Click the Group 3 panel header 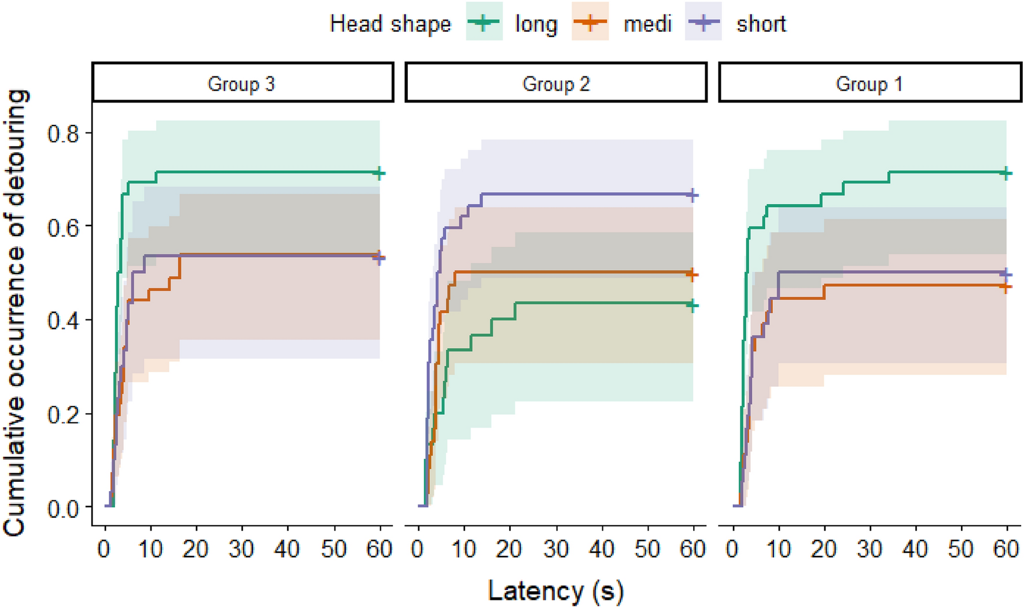[242, 84]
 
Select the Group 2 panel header [556, 84]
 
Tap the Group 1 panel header [870, 84]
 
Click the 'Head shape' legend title [390, 24]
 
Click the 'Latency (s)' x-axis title [556, 591]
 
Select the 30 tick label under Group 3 [242, 549]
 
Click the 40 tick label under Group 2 [602, 549]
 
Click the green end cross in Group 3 [379, 173]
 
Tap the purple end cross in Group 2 [693, 196]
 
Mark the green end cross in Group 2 [693, 305]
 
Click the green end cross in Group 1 [1006, 173]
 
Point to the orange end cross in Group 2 [693, 275]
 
